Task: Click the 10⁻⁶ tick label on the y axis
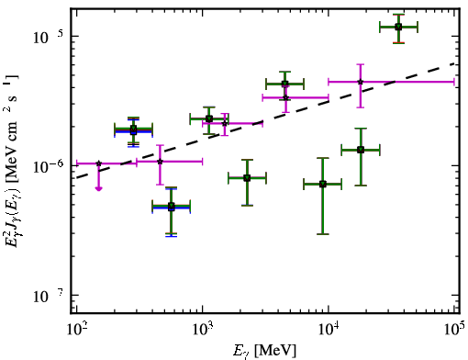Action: [49, 166]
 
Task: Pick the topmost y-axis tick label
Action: [49, 37]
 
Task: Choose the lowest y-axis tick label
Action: [49, 296]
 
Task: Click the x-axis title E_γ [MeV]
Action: [264, 351]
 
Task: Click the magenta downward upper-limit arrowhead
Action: [98, 188]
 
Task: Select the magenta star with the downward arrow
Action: [98, 163]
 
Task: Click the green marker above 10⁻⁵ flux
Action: [398, 27]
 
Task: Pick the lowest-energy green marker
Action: [133, 129]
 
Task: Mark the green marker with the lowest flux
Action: [172, 207]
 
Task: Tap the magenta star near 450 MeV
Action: [160, 162]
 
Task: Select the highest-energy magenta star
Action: [361, 82]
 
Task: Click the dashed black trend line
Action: [265, 120]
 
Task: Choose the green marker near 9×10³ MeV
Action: [323, 184]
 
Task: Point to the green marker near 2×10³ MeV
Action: [247, 178]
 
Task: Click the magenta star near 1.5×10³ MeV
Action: [225, 123]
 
